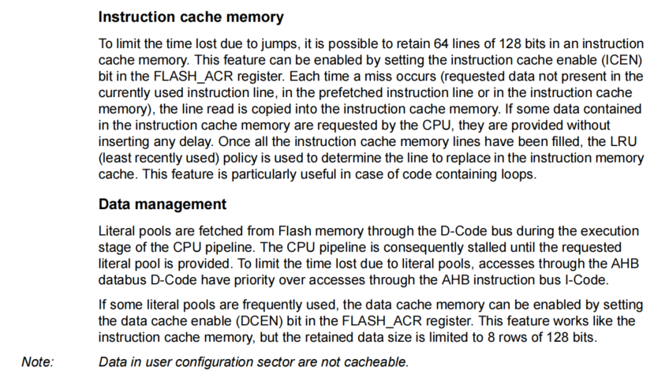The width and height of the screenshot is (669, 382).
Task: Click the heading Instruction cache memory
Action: pyautogui.click(x=191, y=17)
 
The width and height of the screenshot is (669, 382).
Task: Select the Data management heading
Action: pyautogui.click(x=163, y=204)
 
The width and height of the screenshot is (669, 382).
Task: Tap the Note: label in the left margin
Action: pyautogui.click(x=38, y=362)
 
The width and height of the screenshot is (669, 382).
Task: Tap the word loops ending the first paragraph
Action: pyautogui.click(x=517, y=174)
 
